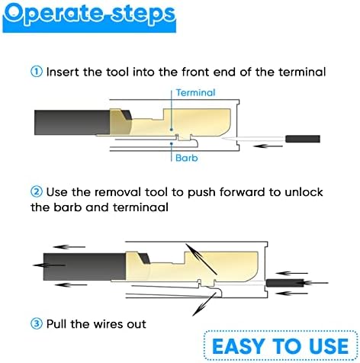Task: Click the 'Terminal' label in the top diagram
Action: coord(195,92)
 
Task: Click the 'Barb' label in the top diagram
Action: coord(187,158)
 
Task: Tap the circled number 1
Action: coord(37,72)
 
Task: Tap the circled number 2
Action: coord(37,191)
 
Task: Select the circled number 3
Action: coord(37,323)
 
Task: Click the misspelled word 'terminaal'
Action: coord(140,207)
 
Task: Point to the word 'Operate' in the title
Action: coord(54,14)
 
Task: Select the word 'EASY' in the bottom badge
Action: coord(238,346)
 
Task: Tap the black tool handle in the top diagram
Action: coord(303,139)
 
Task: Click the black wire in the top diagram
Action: coord(72,122)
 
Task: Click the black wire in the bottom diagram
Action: coord(85,267)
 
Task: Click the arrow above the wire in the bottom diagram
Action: coord(69,247)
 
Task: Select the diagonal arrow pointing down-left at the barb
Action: coord(204,304)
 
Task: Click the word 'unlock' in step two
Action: coord(304,191)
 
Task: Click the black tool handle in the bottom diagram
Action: coord(284,283)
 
